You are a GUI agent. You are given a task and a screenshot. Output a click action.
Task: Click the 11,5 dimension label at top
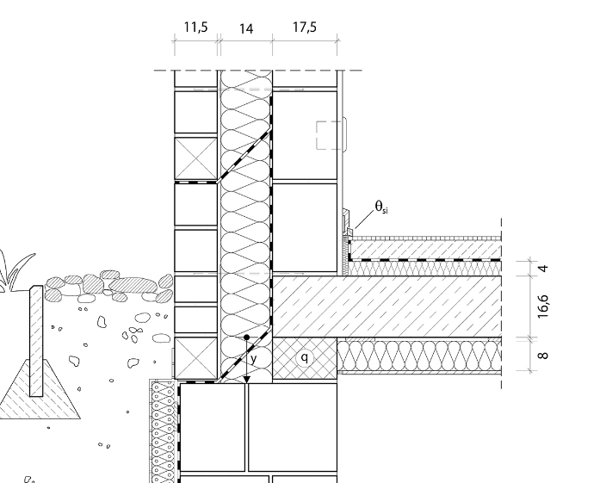(196, 28)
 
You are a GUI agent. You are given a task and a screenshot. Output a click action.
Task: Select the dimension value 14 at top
(246, 29)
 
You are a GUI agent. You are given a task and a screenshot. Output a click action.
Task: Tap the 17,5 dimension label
(305, 28)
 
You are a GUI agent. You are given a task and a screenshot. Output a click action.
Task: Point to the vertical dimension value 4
(543, 268)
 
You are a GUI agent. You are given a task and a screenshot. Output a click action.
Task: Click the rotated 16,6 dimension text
(543, 307)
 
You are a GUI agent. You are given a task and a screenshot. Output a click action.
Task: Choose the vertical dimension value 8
(543, 356)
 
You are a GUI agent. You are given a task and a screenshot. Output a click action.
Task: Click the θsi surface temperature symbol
(381, 207)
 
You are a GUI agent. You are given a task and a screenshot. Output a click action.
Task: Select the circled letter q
(305, 358)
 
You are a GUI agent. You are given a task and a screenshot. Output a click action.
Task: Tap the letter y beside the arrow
(253, 359)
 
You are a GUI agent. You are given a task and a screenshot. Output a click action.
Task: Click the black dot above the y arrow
(247, 337)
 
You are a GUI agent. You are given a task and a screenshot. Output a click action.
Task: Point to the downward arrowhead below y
(247, 380)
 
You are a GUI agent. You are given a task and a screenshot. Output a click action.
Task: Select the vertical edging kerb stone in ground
(36, 341)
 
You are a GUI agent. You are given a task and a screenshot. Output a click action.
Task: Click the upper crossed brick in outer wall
(196, 158)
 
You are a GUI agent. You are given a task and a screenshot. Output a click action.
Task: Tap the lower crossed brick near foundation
(196, 358)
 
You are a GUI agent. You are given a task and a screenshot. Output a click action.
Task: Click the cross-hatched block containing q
(305, 358)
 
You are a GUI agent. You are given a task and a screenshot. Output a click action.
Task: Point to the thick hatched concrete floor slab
(387, 307)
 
